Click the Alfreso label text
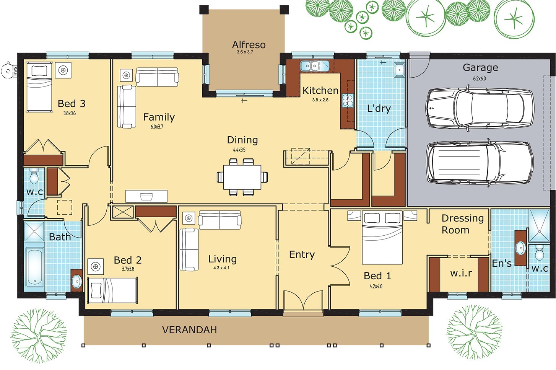point(249,45)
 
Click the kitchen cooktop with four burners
point(348,101)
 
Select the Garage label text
point(480,68)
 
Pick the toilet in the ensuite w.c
point(540,253)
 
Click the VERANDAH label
point(189,329)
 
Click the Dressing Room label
point(462,224)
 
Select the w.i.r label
point(461,273)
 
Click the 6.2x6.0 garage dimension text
point(480,78)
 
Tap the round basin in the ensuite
point(520,248)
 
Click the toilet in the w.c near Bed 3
point(34,176)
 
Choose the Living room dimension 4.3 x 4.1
point(221,268)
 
